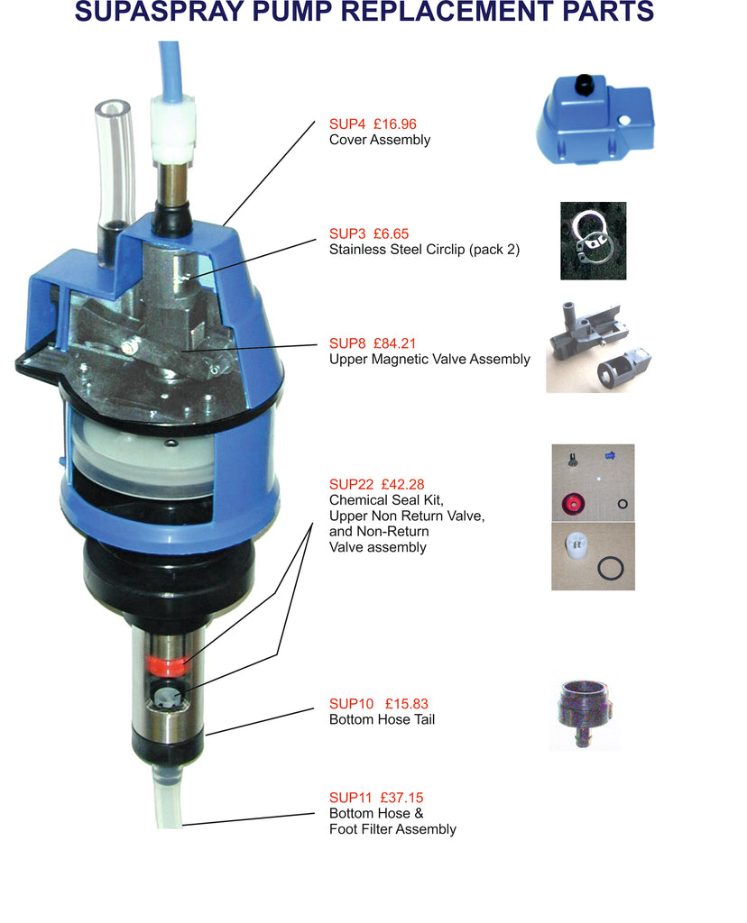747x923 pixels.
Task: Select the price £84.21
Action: (399, 343)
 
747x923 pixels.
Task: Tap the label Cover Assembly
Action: (380, 141)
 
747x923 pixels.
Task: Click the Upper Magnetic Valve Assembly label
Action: (429, 360)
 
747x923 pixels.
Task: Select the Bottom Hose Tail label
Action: (382, 720)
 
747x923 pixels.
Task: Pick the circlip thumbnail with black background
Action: (593, 241)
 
